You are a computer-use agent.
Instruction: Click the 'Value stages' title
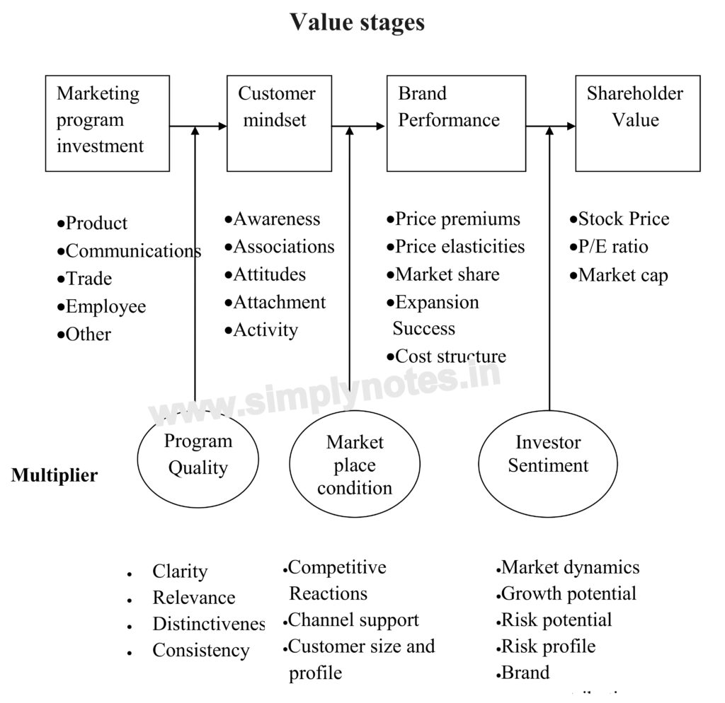(x=357, y=22)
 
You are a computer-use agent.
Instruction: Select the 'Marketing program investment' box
(x=108, y=123)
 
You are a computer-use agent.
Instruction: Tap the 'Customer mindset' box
(x=279, y=123)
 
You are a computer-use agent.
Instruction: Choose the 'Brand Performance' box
(x=456, y=123)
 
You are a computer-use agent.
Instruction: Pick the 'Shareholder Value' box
(x=637, y=123)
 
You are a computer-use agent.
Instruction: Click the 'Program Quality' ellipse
(x=198, y=455)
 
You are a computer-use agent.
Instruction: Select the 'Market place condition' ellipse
(x=354, y=465)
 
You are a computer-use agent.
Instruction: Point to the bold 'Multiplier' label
(x=55, y=475)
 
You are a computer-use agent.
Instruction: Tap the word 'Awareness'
(x=276, y=219)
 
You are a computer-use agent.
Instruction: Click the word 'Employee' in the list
(x=105, y=306)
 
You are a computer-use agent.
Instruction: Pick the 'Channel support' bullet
(x=353, y=620)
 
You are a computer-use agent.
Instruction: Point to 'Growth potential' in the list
(x=568, y=593)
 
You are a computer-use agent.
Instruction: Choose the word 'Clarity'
(x=180, y=571)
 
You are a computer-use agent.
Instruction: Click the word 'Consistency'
(x=200, y=651)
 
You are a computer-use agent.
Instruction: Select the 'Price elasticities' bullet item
(x=459, y=247)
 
